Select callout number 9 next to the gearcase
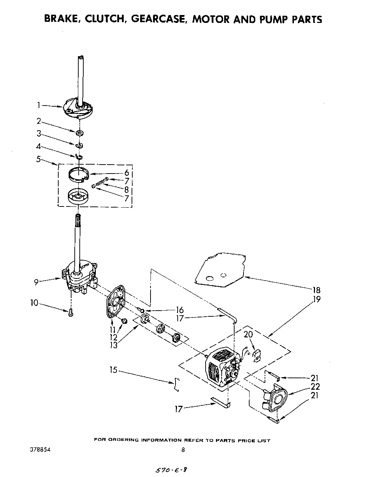(x=36, y=282)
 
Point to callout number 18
(x=316, y=290)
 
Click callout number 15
(x=113, y=370)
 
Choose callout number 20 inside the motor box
(x=248, y=334)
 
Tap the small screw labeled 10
(x=71, y=312)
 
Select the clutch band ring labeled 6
(x=78, y=175)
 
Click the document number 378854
(x=40, y=450)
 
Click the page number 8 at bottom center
(x=183, y=451)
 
